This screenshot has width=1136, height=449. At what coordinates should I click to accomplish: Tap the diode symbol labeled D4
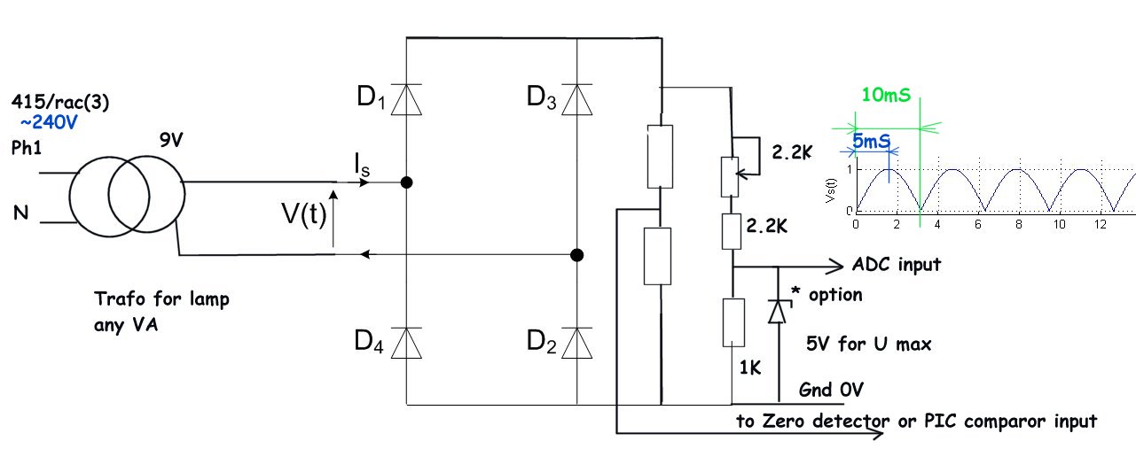tap(406, 341)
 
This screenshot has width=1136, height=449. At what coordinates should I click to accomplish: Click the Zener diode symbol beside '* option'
tap(778, 309)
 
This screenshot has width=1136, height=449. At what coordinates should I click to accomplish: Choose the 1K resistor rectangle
tap(733, 322)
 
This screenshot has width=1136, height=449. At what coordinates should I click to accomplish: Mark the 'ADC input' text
tap(896, 265)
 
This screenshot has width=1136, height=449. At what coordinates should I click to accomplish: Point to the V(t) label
tap(302, 215)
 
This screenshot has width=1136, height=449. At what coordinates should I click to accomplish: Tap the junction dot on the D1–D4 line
tap(406, 183)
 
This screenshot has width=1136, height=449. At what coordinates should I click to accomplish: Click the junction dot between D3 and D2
tap(576, 256)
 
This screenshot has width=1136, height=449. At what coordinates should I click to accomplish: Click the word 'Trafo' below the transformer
tap(116, 299)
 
